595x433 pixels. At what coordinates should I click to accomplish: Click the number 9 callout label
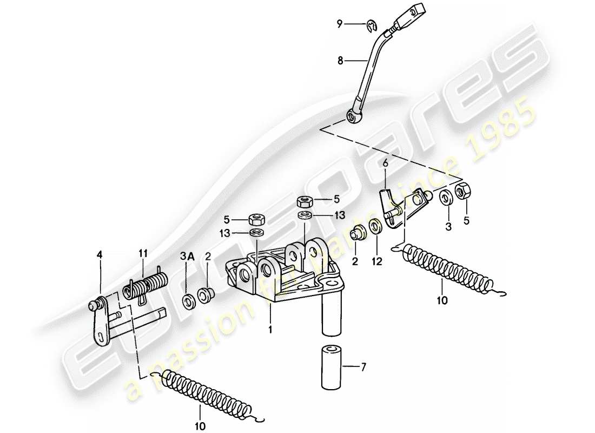click(x=340, y=23)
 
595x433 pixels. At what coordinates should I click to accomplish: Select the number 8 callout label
click(x=340, y=61)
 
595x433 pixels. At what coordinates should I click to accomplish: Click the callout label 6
click(x=385, y=163)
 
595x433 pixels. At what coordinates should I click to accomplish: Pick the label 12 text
click(x=376, y=261)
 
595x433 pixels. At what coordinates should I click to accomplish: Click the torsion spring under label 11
click(x=146, y=285)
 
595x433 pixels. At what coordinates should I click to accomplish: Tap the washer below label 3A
click(x=189, y=301)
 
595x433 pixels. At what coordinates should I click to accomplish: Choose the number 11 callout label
click(x=143, y=253)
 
